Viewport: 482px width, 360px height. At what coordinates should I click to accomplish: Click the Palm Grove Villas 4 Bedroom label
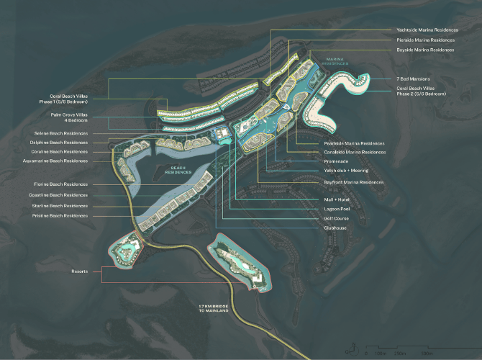coord(69,117)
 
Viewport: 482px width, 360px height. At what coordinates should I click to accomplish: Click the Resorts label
coord(80,271)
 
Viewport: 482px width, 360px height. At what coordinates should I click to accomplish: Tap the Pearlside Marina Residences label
coord(354,143)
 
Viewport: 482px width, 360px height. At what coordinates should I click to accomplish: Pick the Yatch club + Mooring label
coord(347,171)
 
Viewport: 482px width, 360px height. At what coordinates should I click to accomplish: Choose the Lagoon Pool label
coord(337,209)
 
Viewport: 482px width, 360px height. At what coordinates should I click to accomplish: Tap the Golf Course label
coord(336,218)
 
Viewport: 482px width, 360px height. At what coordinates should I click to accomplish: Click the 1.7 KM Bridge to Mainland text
coord(214,309)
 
